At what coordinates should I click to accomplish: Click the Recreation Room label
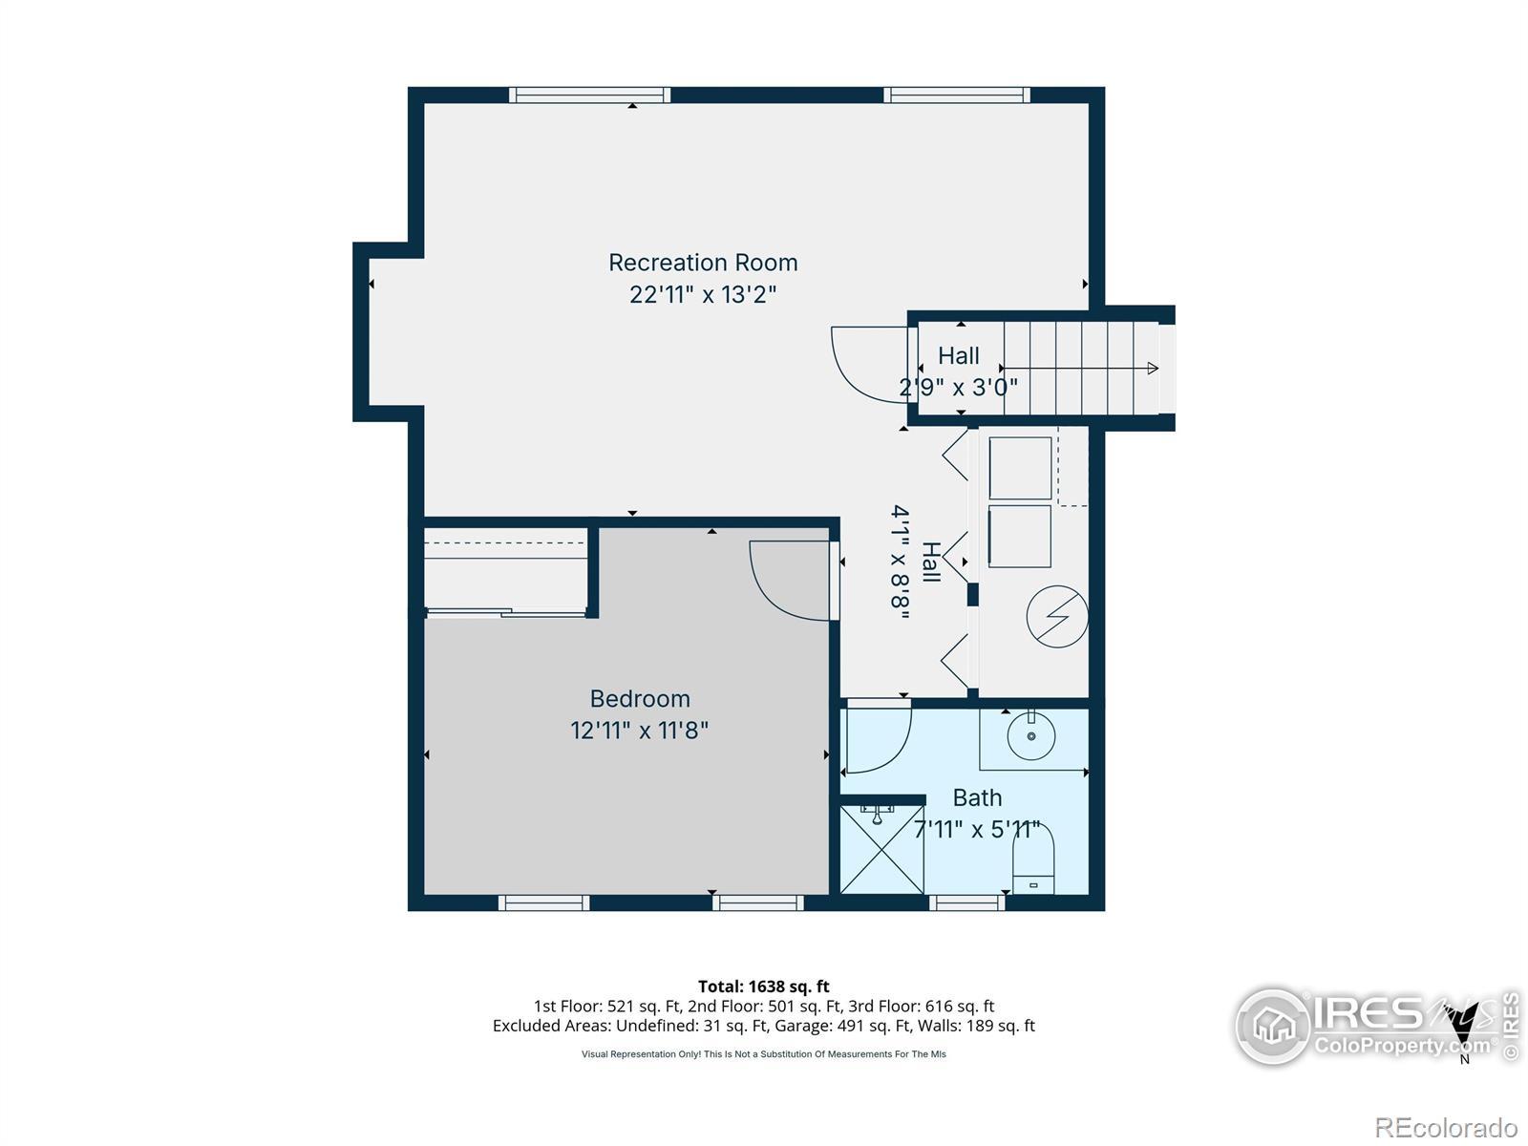pyautogui.click(x=702, y=263)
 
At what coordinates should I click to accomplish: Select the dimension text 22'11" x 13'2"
pyautogui.click(x=702, y=294)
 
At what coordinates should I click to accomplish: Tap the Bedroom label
pyautogui.click(x=640, y=698)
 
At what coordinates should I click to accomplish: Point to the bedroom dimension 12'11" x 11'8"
pyautogui.click(x=639, y=730)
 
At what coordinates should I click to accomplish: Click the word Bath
pyautogui.click(x=977, y=797)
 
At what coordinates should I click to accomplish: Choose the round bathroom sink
pyautogui.click(x=1031, y=735)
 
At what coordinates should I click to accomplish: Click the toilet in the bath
pyautogui.click(x=1032, y=860)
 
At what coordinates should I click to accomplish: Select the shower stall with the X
pyautogui.click(x=882, y=850)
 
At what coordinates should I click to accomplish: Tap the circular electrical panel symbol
pyautogui.click(x=1057, y=617)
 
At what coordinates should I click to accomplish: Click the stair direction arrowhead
pyautogui.click(x=1153, y=368)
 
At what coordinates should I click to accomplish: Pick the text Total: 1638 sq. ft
pyautogui.click(x=764, y=986)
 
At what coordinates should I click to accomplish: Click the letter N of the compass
pyautogui.click(x=1465, y=1060)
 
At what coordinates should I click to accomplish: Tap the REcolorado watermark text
pyautogui.click(x=1446, y=1127)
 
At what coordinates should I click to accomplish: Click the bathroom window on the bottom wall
pyautogui.click(x=966, y=903)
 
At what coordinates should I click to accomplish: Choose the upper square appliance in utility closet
pyautogui.click(x=1020, y=468)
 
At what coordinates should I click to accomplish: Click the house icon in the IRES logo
pyautogui.click(x=1273, y=1026)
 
